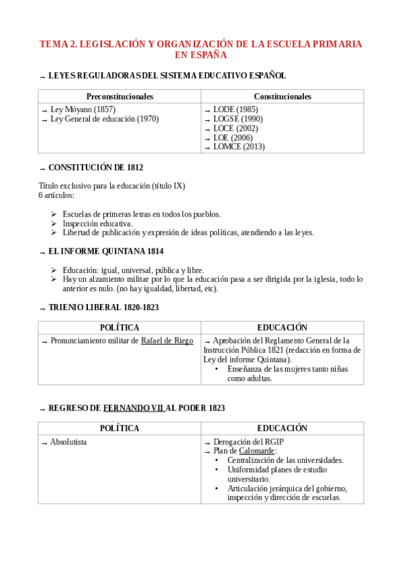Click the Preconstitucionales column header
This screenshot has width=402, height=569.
[x=119, y=97]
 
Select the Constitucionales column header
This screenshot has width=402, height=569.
[x=282, y=97]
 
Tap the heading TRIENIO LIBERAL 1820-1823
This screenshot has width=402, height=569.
[x=103, y=307]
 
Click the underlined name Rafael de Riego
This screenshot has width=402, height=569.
[x=166, y=341]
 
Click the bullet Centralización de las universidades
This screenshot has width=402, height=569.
[x=285, y=460]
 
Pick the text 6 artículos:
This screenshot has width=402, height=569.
[x=57, y=195]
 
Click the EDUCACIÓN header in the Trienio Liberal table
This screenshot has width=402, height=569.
[x=282, y=327]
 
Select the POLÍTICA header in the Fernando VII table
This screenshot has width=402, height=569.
[x=119, y=428]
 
